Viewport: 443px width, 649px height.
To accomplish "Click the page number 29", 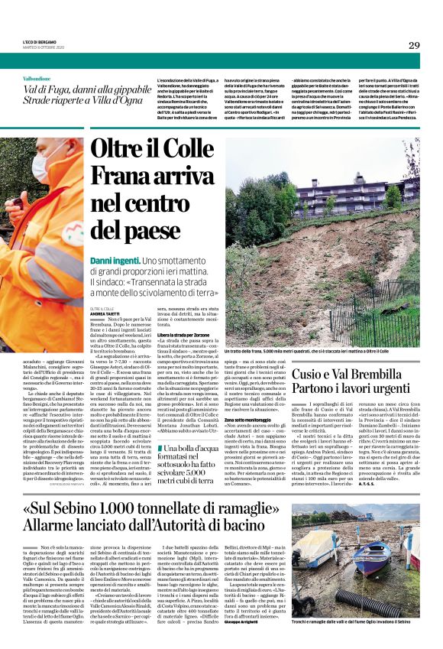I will click(413, 45).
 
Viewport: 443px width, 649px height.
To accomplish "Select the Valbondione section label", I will click(36, 79).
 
